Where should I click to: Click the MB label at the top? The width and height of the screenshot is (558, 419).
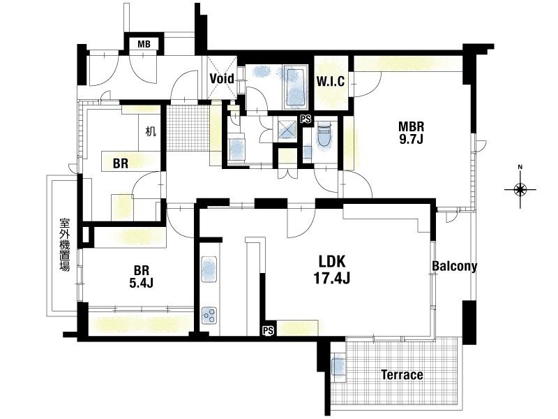coord(144,44)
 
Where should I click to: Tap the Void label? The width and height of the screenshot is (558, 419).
coord(222,78)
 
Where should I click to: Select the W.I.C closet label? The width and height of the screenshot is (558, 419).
coord(331,81)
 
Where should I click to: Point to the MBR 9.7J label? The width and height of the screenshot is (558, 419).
coord(411,132)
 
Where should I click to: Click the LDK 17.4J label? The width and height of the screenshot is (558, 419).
coord(332,270)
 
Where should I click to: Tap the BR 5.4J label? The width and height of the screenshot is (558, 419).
coord(142,277)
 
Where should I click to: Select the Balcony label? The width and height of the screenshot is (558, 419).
coord(455,266)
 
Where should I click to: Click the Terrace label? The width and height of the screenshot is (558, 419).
coord(402,374)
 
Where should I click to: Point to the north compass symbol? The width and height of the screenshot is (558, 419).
coord(520,189)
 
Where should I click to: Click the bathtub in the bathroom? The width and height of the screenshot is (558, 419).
coord(295,88)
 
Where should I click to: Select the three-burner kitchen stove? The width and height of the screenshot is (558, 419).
coord(209,316)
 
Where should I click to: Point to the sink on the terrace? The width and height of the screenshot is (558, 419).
coord(338,367)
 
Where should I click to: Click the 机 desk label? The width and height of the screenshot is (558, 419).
coord(151,131)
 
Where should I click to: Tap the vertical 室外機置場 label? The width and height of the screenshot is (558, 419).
coord(64,245)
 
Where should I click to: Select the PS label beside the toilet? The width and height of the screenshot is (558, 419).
coord(306,119)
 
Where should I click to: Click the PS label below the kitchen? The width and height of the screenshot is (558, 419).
coord(269,330)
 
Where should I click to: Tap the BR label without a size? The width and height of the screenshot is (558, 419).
coord(121,163)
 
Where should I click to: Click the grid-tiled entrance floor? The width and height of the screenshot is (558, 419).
coord(188,128)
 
